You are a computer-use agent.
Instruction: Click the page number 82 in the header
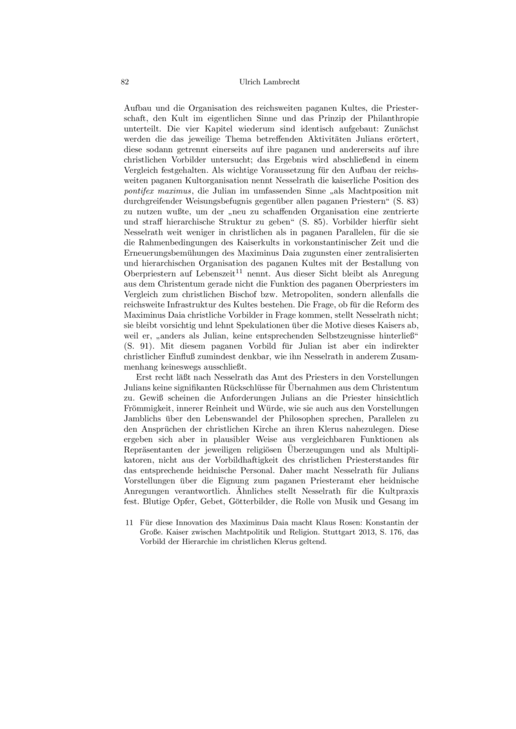tap(126, 82)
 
